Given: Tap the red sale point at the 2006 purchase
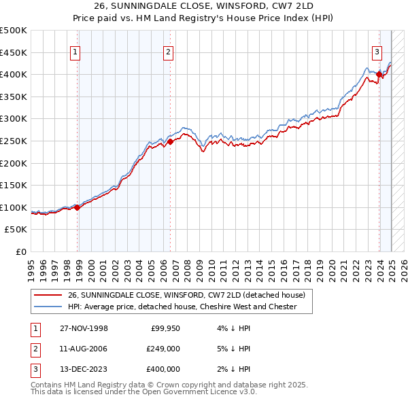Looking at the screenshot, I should click(x=171, y=141).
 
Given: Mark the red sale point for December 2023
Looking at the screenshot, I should click(x=379, y=75).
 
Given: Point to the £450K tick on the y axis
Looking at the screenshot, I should click(x=14, y=52).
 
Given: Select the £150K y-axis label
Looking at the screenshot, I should click(x=14, y=185).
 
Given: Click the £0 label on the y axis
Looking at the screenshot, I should click(x=21, y=251).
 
